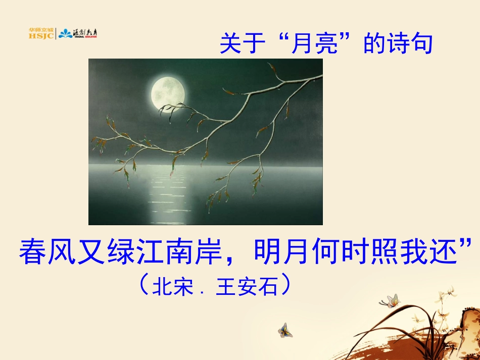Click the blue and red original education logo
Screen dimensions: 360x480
[x=78, y=34]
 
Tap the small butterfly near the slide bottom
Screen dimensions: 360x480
[x=285, y=330]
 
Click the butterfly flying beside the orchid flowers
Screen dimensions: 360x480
[x=390, y=301]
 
